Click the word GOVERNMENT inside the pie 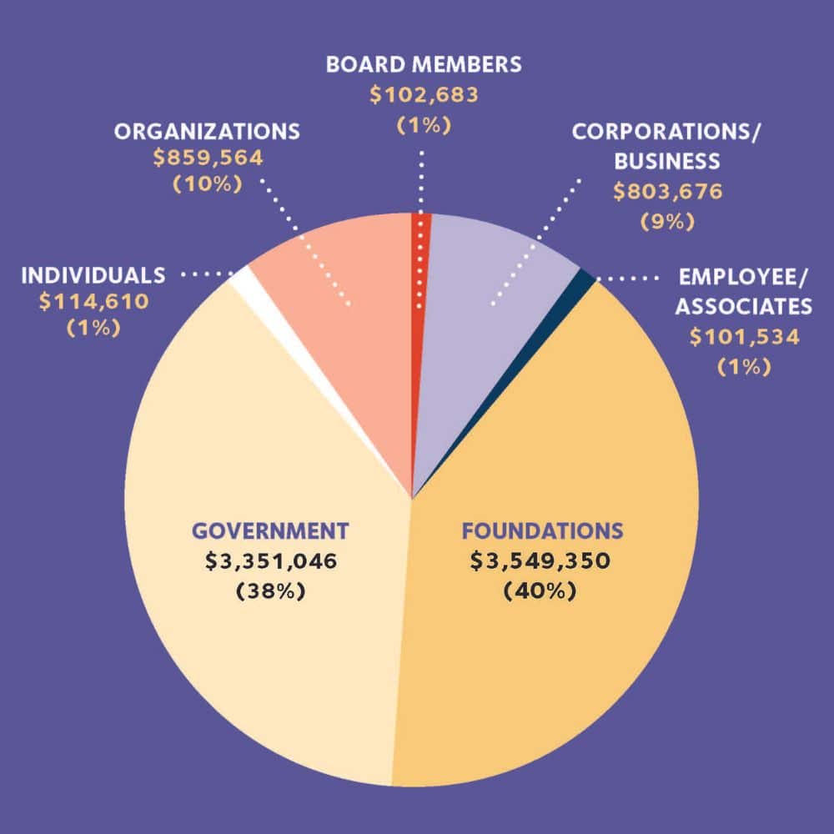coord(269,531)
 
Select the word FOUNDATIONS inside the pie coord(542,531)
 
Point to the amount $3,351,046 coord(271,561)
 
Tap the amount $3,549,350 coord(540,561)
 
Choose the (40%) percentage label coord(540,591)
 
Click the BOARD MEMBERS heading coord(424,64)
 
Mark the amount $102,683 coord(424,94)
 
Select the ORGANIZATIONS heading coord(207,132)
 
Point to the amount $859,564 coord(207,156)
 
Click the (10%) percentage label coord(207,184)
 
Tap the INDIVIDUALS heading coord(93,275)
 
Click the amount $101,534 coord(743,337)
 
